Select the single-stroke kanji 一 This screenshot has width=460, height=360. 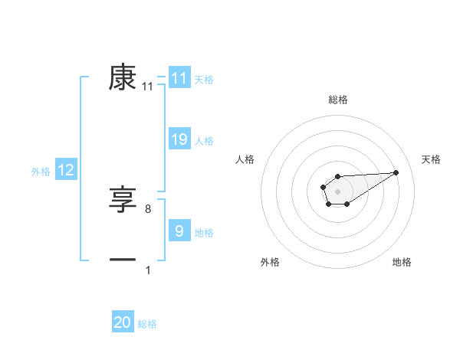(123, 261)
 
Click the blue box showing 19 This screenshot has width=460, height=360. (179, 139)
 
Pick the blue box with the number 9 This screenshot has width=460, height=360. (179, 231)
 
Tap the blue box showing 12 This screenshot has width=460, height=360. (66, 170)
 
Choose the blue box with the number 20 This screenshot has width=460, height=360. (123, 323)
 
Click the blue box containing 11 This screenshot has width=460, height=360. (179, 78)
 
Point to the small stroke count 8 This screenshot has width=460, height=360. (148, 208)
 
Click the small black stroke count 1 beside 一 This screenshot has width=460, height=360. (148, 270)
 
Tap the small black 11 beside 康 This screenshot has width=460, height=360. (148, 87)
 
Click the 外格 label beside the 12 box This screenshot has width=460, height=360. (41, 172)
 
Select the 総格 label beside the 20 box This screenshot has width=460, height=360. (147, 325)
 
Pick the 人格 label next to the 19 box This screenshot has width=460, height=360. (204, 141)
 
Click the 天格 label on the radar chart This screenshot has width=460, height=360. (431, 159)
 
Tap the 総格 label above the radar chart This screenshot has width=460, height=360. (337, 100)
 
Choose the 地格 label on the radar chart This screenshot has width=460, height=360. (402, 262)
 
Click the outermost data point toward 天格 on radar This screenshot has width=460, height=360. (396, 172)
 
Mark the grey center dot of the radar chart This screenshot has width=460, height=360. (337, 190)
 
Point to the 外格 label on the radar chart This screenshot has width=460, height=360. (270, 262)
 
